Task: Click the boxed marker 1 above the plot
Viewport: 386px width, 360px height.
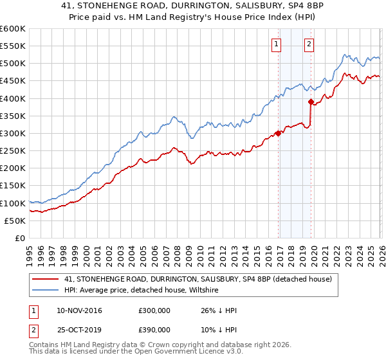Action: point(276,44)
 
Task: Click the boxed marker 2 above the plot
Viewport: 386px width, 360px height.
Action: point(309,44)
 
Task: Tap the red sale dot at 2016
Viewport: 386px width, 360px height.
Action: point(279,133)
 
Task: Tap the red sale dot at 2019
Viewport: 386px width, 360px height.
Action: point(311,102)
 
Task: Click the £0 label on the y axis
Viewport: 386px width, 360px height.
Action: point(20,238)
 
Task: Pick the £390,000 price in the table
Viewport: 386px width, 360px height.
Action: point(154,329)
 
